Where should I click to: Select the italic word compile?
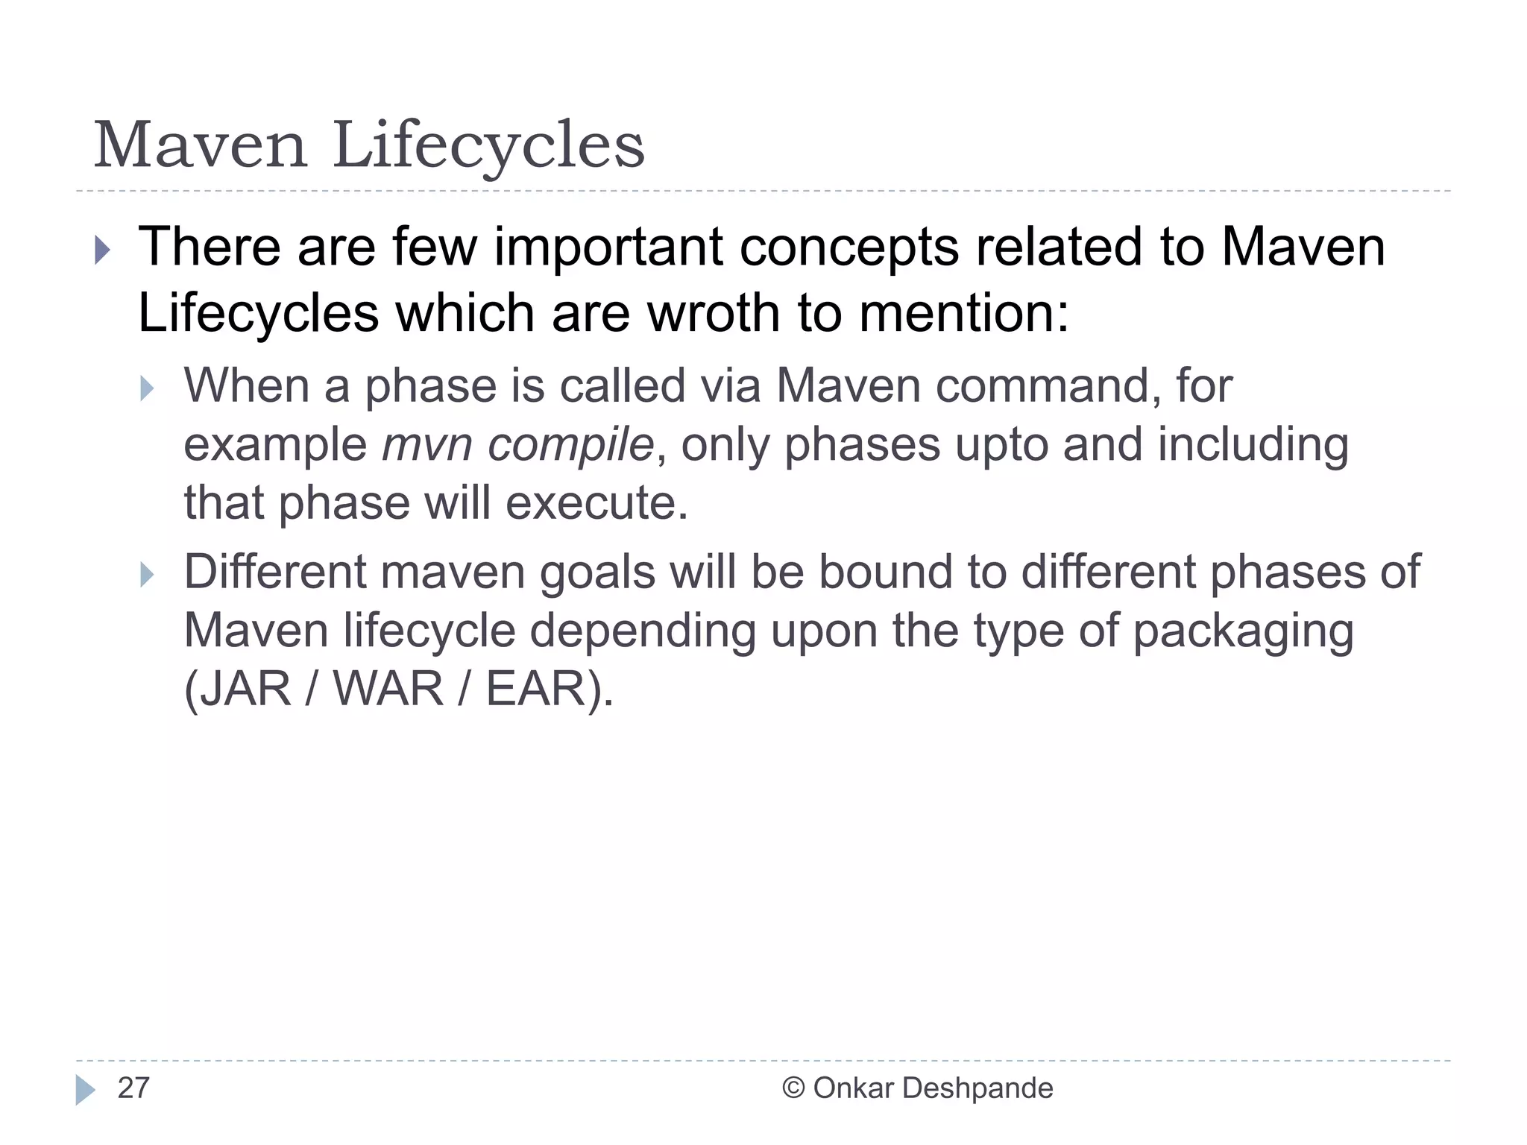click(570, 445)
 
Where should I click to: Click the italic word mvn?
click(426, 445)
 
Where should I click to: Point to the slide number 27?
click(133, 1088)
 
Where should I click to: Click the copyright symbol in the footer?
click(793, 1088)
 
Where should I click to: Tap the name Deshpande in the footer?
click(977, 1088)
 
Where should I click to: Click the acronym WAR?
click(388, 689)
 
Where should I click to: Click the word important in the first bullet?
click(608, 247)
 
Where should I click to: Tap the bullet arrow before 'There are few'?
click(103, 250)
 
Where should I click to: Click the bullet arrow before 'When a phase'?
click(147, 388)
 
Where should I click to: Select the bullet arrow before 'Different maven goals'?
click(147, 575)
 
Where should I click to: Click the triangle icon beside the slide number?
click(85, 1090)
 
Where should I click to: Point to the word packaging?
click(1243, 631)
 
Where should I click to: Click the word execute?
click(596, 503)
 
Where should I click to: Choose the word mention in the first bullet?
click(963, 312)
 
